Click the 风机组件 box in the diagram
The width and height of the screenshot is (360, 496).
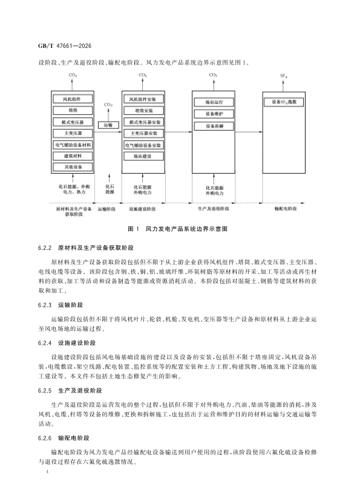pos(73,99)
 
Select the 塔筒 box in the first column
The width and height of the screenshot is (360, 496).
pos(73,111)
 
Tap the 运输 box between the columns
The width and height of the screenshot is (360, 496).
pos(108,125)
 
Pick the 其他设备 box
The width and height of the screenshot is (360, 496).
pos(73,167)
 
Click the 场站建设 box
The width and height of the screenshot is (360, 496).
pos(143,156)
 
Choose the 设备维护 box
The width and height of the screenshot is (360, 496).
pos(214,114)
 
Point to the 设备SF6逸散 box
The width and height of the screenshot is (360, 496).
pos(284,102)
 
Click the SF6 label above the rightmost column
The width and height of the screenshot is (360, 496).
pos(284,76)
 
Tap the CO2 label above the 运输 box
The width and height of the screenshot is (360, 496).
pos(108,105)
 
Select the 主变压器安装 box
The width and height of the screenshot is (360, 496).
pos(143,133)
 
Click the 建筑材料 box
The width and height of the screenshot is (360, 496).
pos(73,156)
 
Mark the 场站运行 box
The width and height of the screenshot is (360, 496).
pos(214,102)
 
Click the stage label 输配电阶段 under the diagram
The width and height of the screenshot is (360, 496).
pos(286,209)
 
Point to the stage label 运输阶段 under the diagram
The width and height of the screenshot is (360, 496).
pos(106,209)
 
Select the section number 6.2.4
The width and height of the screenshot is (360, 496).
pos(45,343)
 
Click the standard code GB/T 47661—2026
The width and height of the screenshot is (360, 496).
pos(65,46)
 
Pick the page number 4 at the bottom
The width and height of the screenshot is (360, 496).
pos(47,472)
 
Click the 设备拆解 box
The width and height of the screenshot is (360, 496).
pos(214,126)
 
